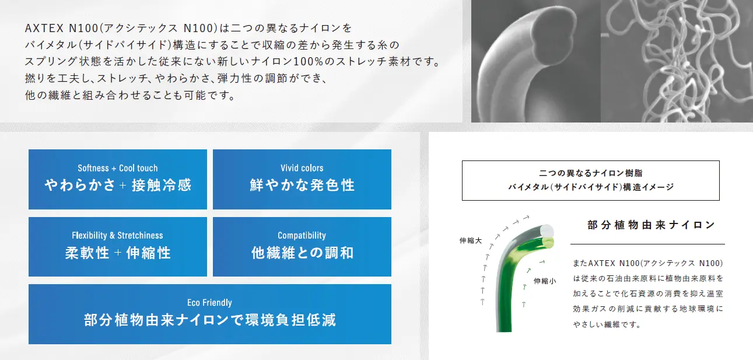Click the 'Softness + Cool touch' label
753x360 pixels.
point(118,168)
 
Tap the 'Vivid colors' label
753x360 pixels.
point(302,168)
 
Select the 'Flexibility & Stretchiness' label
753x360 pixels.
point(117,235)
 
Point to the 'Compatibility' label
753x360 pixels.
point(302,235)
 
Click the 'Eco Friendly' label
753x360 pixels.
point(209,302)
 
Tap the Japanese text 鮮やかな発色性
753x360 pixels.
point(302,185)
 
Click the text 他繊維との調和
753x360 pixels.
point(302,253)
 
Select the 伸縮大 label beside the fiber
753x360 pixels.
point(471,240)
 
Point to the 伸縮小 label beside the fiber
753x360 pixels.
point(545,281)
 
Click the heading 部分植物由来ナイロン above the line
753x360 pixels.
point(651,225)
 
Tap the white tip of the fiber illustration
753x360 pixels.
point(547,231)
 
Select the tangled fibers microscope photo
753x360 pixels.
point(677,61)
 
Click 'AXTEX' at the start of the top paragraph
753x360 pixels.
point(44,28)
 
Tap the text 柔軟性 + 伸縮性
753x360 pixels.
point(118,253)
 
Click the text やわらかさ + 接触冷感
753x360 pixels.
point(118,185)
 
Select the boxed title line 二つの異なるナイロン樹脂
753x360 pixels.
point(591,173)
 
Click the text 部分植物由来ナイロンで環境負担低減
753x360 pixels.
point(210,320)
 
